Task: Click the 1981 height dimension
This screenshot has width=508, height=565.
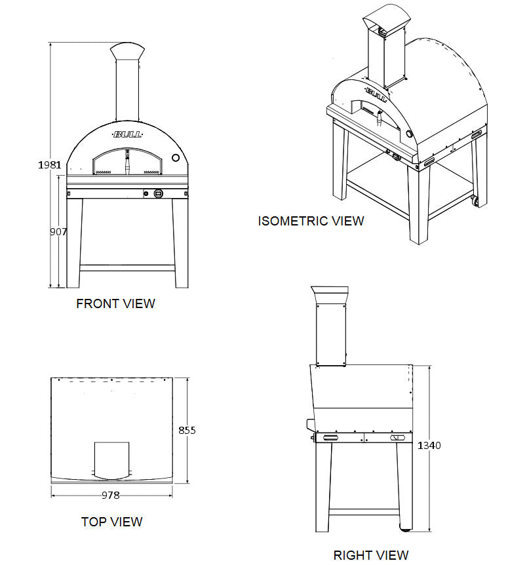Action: [x=49, y=165]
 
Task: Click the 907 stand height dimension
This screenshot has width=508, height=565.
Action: [x=57, y=232]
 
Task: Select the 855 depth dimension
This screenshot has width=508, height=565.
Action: [x=187, y=431]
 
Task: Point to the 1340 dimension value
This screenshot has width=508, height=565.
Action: [x=429, y=446]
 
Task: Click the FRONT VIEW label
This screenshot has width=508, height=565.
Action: [x=115, y=303]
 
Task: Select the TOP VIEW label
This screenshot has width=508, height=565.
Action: [x=111, y=522]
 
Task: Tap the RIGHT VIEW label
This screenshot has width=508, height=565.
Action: [x=371, y=555]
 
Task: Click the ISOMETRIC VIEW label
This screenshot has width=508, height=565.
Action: [x=311, y=221]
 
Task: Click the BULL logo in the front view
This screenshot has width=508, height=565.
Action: [x=127, y=134]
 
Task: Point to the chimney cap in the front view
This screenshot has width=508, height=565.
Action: [x=127, y=52]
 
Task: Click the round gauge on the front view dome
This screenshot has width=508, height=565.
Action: [x=175, y=158]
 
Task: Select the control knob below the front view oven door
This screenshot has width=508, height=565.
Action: [x=159, y=193]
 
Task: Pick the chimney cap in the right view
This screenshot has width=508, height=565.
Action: [x=330, y=294]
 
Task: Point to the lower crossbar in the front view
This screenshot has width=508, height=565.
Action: [x=127, y=267]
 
